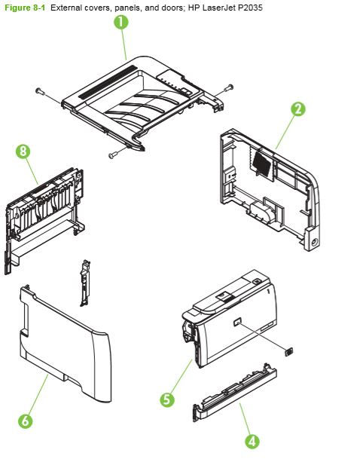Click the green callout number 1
[121, 23]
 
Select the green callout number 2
[298, 109]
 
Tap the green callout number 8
[23, 151]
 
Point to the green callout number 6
[25, 421]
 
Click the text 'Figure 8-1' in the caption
[25, 6]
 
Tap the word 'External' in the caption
[66, 6]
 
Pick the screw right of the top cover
[228, 88]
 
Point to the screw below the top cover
[113, 155]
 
